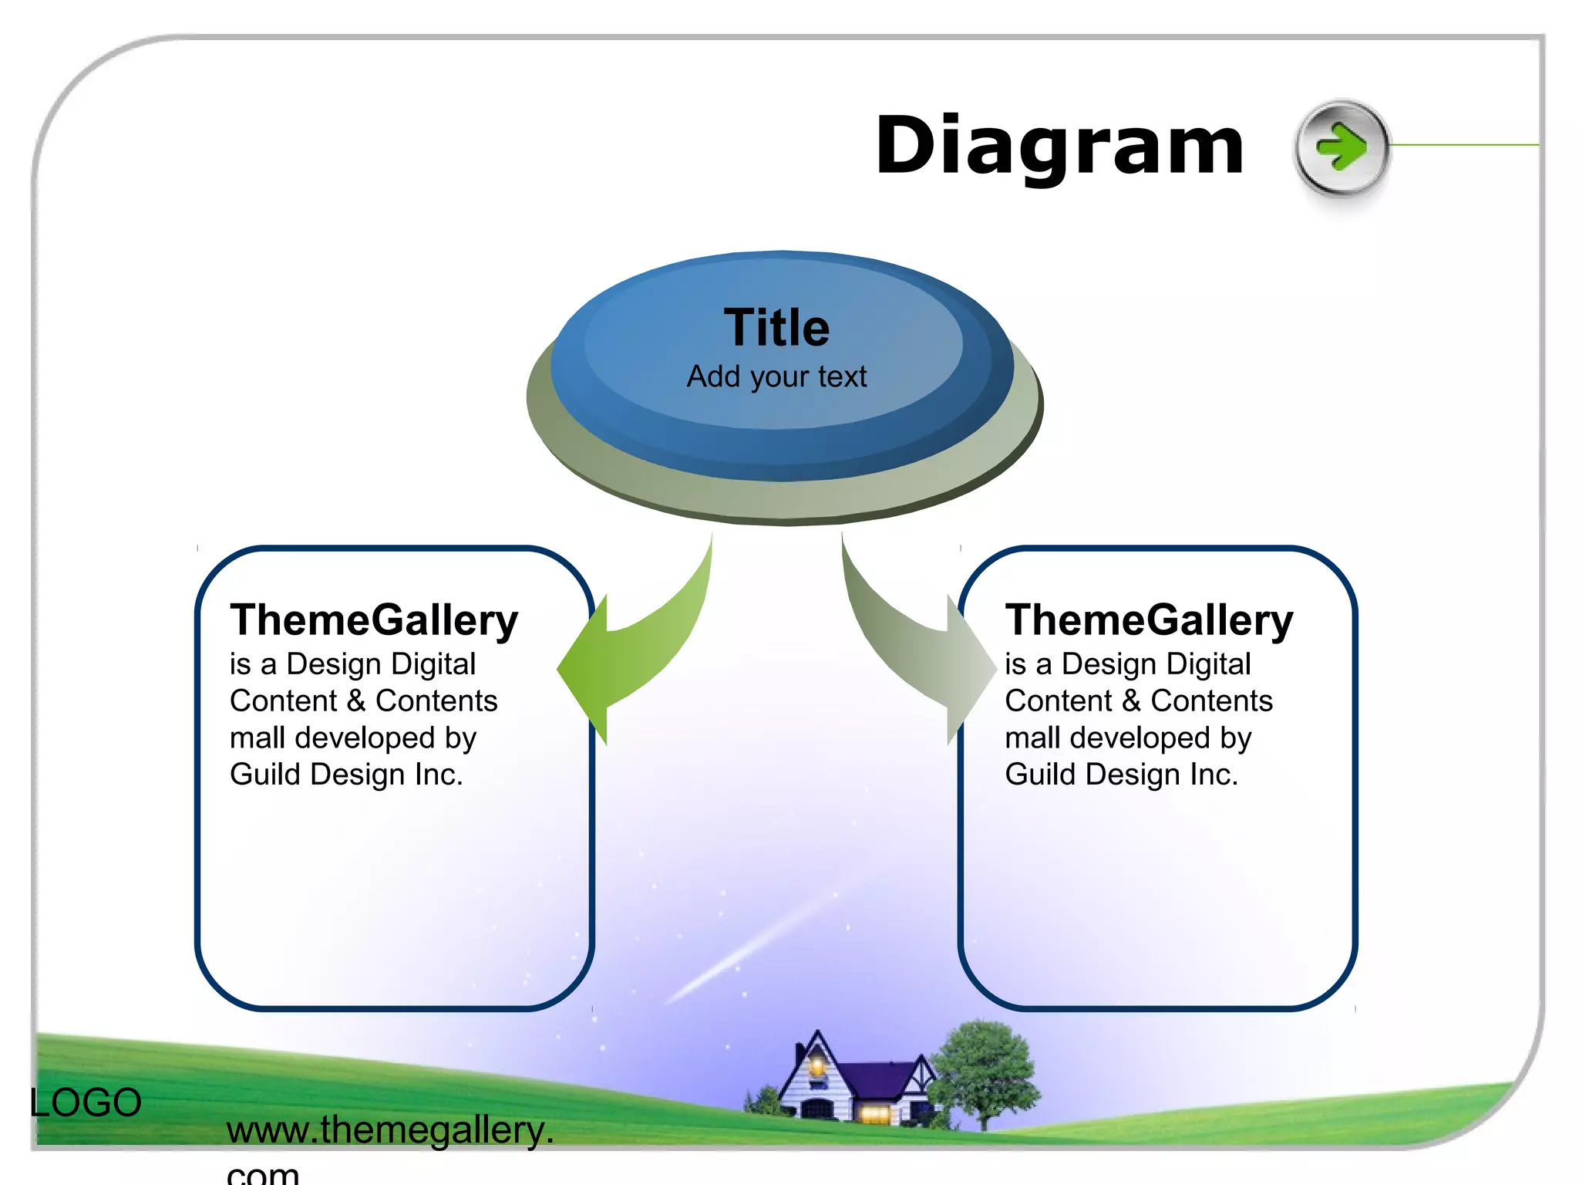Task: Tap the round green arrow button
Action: click(x=1342, y=147)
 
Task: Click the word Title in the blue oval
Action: click(x=776, y=328)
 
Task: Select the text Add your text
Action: click(x=776, y=376)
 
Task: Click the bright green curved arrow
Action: click(x=640, y=648)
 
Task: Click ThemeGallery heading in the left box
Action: click(x=374, y=620)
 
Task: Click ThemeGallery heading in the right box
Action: click(x=1149, y=620)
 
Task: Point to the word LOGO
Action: click(x=86, y=1102)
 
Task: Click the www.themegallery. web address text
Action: click(x=389, y=1130)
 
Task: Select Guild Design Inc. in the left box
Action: click(x=346, y=775)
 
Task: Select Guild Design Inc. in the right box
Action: click(x=1121, y=775)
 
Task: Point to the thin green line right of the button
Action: click(x=1465, y=144)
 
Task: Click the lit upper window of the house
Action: click(x=816, y=1067)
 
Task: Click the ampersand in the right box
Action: click(x=1130, y=701)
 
